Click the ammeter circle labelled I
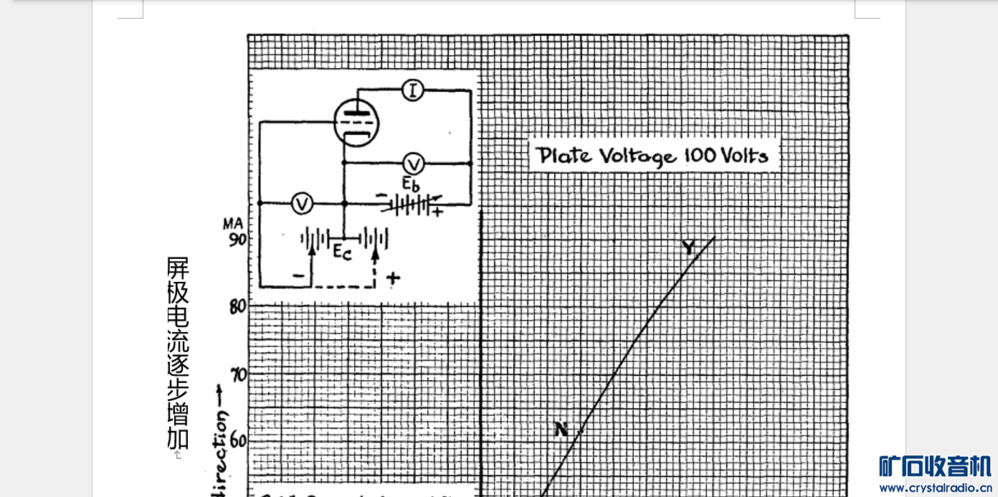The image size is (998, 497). pos(412,90)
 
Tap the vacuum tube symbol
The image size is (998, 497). pos(356,123)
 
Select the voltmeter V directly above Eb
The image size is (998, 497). pos(413,163)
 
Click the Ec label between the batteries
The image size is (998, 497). pos(342,251)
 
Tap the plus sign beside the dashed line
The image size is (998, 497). pos(392,278)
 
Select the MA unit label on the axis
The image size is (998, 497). pos(232,225)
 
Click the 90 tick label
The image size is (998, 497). pos(236,239)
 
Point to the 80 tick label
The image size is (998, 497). pos(237,306)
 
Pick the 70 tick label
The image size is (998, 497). pos(237,374)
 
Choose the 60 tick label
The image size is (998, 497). pos(237,440)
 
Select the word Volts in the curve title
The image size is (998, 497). pos(746,155)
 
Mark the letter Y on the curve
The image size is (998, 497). pos(688,248)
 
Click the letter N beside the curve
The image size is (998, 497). pos(561,430)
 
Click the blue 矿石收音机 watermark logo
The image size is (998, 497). pos(935,466)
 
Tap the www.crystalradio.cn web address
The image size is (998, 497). pos(935,488)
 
